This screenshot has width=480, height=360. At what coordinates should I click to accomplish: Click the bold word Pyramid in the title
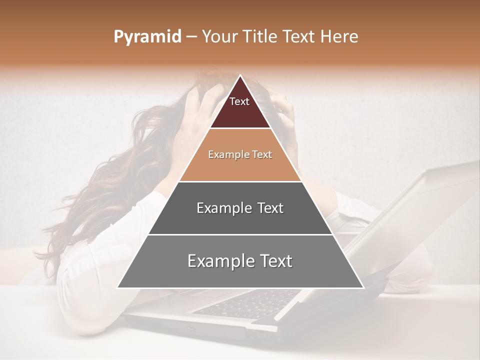point(147,37)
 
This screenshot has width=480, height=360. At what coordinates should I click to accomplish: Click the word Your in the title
point(220,37)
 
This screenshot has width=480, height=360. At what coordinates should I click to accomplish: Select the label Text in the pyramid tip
point(239,101)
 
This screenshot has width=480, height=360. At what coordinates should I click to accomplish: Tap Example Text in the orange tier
point(240,154)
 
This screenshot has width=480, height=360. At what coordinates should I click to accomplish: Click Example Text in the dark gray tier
point(240,208)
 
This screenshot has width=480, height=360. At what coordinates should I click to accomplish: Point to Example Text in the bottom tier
point(240,261)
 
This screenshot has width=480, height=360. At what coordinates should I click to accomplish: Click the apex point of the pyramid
point(240,75)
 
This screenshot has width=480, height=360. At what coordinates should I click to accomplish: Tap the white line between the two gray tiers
point(240,234)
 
